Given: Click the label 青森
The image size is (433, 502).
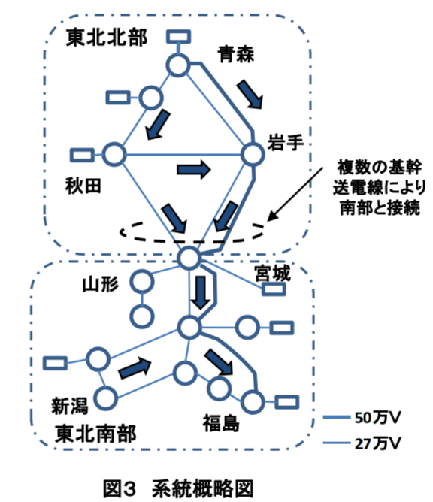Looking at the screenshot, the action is (x=236, y=54).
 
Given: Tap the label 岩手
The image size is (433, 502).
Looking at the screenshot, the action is (x=286, y=142).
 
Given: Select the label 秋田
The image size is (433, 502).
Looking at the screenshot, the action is (x=83, y=186).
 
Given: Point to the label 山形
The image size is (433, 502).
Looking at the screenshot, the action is (x=101, y=284).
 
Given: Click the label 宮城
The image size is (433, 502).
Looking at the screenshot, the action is (x=273, y=273).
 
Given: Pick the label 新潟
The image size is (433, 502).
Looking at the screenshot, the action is (x=70, y=406).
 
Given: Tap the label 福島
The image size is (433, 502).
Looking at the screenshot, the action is (x=221, y=422).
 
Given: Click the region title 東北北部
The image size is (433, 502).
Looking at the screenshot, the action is (x=106, y=38).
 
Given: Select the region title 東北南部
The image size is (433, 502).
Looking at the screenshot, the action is (x=95, y=434).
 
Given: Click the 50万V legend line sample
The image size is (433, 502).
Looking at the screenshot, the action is (x=336, y=417).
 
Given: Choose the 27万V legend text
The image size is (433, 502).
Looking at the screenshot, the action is (x=378, y=443).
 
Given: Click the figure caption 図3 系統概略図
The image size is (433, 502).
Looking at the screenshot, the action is (x=178, y=488).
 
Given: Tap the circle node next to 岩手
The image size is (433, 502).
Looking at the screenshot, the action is (x=253, y=154).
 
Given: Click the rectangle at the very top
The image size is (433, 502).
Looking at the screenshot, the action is (x=178, y=37).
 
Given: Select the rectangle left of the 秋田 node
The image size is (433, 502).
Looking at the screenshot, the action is (x=82, y=155).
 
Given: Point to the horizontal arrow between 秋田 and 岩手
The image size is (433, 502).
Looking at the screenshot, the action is (x=194, y=169).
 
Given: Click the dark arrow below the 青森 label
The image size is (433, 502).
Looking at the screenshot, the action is (x=250, y=95).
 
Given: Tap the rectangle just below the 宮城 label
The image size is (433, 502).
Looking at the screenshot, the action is (x=274, y=289).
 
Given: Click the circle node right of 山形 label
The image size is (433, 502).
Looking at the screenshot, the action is (x=142, y=282).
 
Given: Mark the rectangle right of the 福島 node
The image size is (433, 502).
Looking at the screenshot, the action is (x=287, y=402).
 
